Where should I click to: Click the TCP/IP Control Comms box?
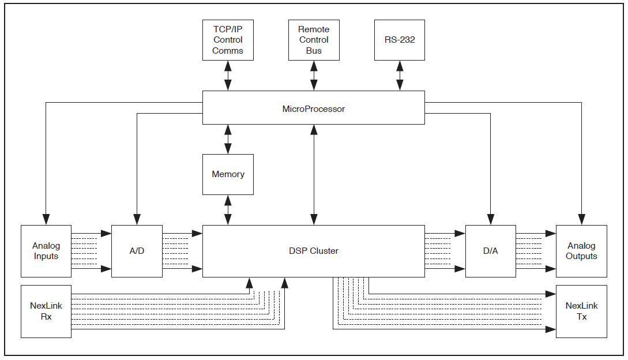[x=228, y=40]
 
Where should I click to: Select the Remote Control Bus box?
[x=314, y=40]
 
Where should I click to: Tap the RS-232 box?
[x=400, y=40]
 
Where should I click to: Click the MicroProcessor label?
[x=314, y=108]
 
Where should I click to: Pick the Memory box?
[x=228, y=174]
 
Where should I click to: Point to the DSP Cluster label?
[x=314, y=251]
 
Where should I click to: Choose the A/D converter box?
[x=137, y=251]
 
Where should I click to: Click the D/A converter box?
[x=490, y=251]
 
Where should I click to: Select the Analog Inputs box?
[x=46, y=251]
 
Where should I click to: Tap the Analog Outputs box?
[x=581, y=251]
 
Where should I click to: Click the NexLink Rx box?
[x=46, y=311]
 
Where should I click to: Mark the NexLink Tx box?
[x=581, y=311]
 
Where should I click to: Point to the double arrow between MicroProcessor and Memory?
[x=228, y=139]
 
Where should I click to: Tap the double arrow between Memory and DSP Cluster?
[x=228, y=210]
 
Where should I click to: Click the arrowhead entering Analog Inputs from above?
[x=46, y=219]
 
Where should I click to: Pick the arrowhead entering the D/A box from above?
[x=490, y=219]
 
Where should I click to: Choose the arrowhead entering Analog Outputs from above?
[x=581, y=219]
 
